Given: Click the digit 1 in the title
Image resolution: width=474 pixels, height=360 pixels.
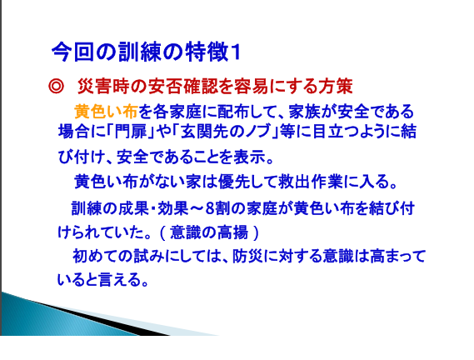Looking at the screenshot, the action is (x=236, y=52).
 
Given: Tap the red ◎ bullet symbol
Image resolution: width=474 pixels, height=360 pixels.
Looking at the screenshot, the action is (x=56, y=87).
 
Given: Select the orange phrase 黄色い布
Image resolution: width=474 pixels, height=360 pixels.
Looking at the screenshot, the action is (x=106, y=112).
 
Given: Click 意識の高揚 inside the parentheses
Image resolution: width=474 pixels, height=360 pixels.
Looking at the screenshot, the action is (x=209, y=232).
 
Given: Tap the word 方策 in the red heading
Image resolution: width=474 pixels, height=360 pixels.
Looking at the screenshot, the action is (x=336, y=87).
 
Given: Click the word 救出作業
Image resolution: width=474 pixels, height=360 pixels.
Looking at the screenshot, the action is (x=311, y=182).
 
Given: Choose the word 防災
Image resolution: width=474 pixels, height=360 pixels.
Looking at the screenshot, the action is (x=248, y=256).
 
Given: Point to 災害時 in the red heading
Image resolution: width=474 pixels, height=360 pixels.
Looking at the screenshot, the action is (x=103, y=87).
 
